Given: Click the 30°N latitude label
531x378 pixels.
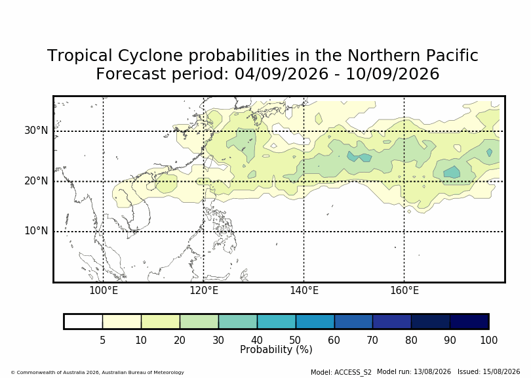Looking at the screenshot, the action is click(x=36, y=130).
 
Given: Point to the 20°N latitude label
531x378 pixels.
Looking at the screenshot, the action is click(x=36, y=180).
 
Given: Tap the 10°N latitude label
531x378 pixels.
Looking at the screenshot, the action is click(x=36, y=231).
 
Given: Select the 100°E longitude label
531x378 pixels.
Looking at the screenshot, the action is click(x=104, y=291).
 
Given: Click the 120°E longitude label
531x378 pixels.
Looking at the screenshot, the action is click(x=203, y=291).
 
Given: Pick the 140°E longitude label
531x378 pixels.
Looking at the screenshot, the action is click(x=304, y=291).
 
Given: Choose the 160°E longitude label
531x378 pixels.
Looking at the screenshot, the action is click(x=404, y=291).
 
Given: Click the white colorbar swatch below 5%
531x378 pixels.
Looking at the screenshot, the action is click(x=83, y=322).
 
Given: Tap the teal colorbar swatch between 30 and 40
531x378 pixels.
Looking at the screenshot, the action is click(x=238, y=322).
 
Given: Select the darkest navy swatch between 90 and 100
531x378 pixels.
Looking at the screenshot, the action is click(x=469, y=322).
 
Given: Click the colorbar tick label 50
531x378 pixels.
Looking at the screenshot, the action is click(x=295, y=340).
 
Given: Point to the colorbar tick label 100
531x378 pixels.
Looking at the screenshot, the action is click(x=488, y=340).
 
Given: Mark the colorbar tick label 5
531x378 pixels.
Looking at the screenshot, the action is click(x=103, y=340).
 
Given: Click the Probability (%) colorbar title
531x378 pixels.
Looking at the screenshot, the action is click(x=276, y=350).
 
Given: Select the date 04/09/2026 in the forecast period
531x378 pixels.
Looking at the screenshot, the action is click(x=281, y=73).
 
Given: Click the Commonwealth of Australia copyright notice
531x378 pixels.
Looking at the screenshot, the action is click(x=97, y=372).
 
